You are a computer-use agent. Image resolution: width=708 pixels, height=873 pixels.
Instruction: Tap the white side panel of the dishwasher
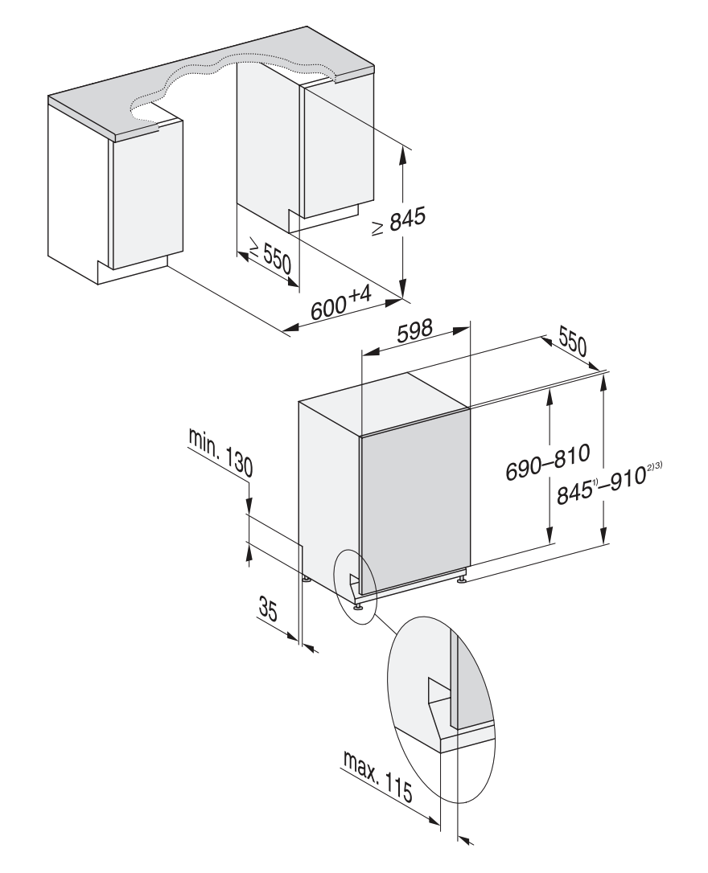click(328, 490)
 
